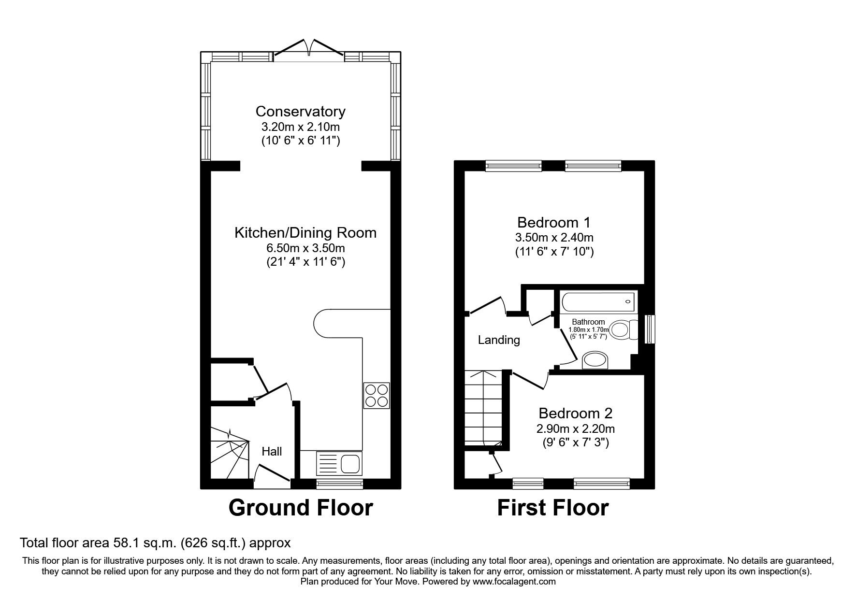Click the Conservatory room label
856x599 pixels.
[x=300, y=112]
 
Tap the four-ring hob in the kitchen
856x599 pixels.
[x=377, y=396]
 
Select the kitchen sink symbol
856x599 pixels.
[x=338, y=464]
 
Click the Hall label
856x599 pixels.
[x=272, y=452]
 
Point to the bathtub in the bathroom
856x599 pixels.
[x=597, y=301]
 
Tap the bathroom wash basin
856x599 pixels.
[x=595, y=360]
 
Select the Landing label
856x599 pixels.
[x=499, y=340]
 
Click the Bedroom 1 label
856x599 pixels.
[x=553, y=223]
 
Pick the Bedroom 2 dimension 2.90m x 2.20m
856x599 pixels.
[x=575, y=428]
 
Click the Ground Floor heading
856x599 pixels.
[x=300, y=508]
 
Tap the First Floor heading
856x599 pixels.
[x=553, y=508]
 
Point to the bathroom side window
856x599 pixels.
[x=650, y=329]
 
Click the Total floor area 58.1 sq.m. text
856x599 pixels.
[x=155, y=543]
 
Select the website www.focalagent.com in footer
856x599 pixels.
[x=514, y=582]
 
